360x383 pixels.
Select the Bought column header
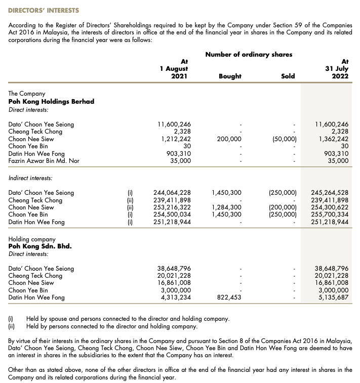(230, 76)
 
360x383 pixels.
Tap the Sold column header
(288, 76)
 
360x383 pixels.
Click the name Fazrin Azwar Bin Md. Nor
(44, 161)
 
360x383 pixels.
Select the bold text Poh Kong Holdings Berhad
(52, 101)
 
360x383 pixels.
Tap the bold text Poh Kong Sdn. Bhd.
(40, 246)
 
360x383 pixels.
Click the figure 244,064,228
(172, 193)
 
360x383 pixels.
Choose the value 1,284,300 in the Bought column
(226, 207)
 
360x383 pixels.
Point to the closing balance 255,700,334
(330, 215)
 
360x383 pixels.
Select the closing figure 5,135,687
(332, 297)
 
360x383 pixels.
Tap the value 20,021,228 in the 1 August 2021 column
(174, 276)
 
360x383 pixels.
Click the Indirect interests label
(31, 178)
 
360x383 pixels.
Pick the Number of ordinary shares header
(249, 55)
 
